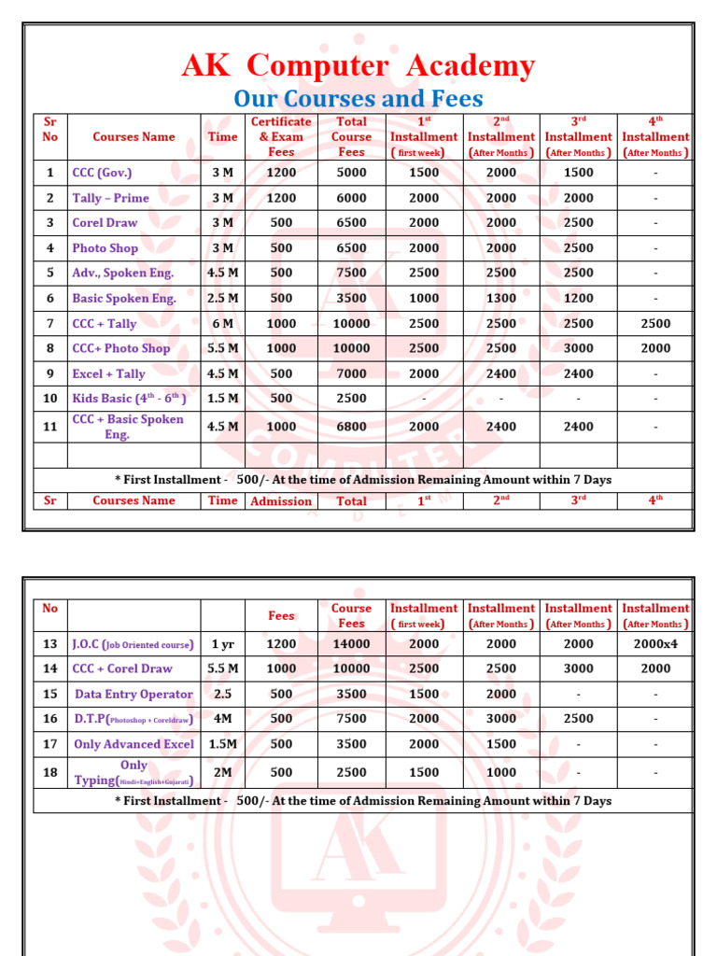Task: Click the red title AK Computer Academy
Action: pos(358,66)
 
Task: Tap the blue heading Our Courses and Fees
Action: pos(358,98)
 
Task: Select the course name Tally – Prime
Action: pos(111,198)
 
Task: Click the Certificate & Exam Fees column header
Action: pos(281,136)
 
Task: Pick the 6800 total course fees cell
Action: pos(351,427)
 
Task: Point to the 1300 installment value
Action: pos(500,299)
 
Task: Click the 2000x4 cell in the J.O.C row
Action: pos(655,644)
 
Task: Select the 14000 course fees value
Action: pos(351,644)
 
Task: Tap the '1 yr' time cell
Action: pos(222,644)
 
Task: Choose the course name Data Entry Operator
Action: pos(134,695)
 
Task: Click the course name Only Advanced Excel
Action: pos(134,744)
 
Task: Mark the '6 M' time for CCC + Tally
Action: pos(222,324)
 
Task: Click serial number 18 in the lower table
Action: pos(50,772)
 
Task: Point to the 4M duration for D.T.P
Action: pos(222,719)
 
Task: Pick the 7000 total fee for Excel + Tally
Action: pos(351,374)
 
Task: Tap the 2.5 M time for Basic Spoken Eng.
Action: pos(222,299)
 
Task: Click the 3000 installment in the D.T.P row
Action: pos(500,719)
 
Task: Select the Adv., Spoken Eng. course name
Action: pos(123,274)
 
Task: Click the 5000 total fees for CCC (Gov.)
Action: pos(351,173)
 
